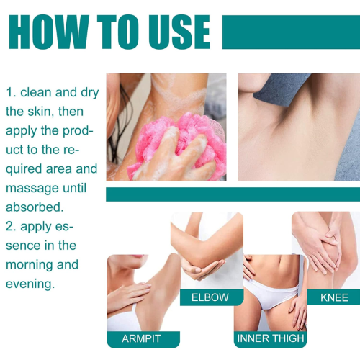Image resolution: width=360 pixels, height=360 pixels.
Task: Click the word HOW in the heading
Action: click(49, 32)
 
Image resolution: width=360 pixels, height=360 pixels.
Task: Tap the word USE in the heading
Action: click(179, 32)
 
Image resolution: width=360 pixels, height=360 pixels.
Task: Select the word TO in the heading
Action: click(118, 32)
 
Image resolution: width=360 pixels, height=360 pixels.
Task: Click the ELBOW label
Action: click(210, 297)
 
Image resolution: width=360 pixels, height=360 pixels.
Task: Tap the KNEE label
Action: click(334, 297)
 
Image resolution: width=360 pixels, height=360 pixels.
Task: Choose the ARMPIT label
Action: click(141, 338)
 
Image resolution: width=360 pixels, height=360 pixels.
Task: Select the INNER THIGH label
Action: click(271, 338)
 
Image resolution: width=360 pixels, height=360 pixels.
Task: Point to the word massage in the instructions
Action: click(32, 189)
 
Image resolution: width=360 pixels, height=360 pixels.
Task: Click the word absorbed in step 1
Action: click(35, 207)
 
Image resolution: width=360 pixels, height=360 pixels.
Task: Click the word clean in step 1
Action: click(36, 92)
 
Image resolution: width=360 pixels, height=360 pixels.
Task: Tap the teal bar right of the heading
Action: click(291, 32)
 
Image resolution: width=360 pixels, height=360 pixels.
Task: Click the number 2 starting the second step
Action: click(10, 227)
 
